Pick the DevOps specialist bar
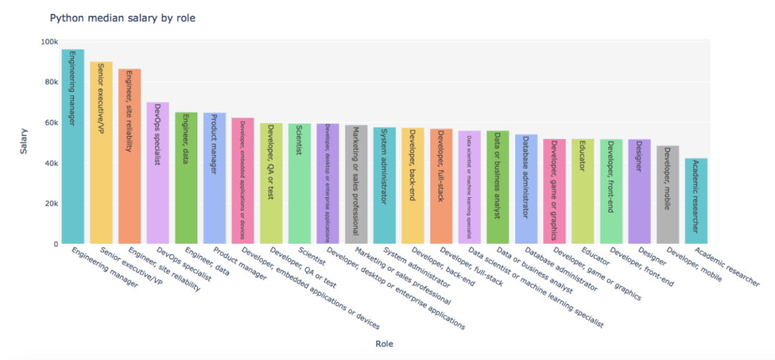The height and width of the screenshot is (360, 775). tap(158, 173)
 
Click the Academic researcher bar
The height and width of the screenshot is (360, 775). tap(696, 201)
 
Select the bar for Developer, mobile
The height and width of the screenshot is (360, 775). tap(667, 194)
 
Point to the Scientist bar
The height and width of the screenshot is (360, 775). tap(299, 184)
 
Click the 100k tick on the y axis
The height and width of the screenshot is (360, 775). tap(50, 42)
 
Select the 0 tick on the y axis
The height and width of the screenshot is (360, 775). tap(55, 244)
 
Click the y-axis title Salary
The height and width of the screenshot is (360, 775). tap(24, 142)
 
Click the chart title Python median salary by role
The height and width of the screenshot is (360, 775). tap(122, 18)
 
